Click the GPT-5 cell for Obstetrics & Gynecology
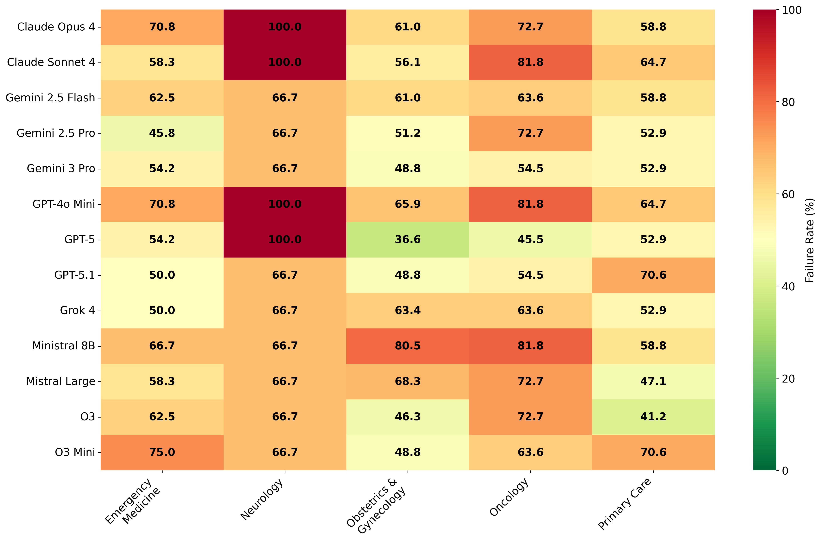[x=408, y=239]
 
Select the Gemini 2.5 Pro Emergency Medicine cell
[x=162, y=133]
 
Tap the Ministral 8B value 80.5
[x=408, y=346]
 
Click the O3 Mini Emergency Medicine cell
[x=162, y=452]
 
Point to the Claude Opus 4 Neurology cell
[x=285, y=27]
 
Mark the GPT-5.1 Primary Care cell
[x=653, y=275]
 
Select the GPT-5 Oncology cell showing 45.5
[x=530, y=239]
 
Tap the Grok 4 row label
[x=77, y=310]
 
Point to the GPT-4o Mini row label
[x=64, y=204]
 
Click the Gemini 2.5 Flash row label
[x=50, y=98]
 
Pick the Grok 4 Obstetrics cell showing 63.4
[x=408, y=310]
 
